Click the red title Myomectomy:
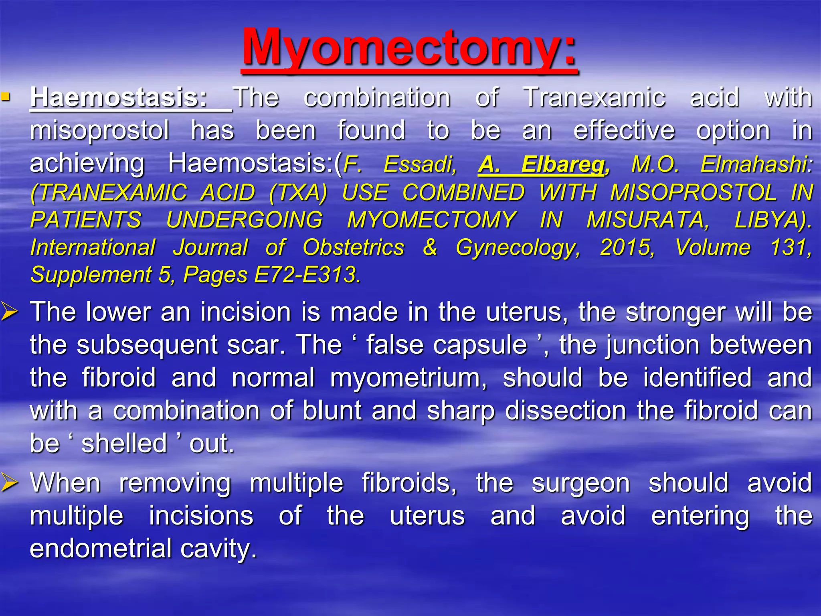[409, 47]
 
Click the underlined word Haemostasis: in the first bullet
[119, 97]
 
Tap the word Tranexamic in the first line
[595, 97]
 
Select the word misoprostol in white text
[99, 131]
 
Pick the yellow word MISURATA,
[648, 220]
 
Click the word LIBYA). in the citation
[773, 220]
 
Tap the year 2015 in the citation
[627, 247]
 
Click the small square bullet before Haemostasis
[5, 97]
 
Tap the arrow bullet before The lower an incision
[9, 312]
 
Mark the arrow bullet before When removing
[9, 482]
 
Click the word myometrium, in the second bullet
[408, 378]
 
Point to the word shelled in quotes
[124, 444]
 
